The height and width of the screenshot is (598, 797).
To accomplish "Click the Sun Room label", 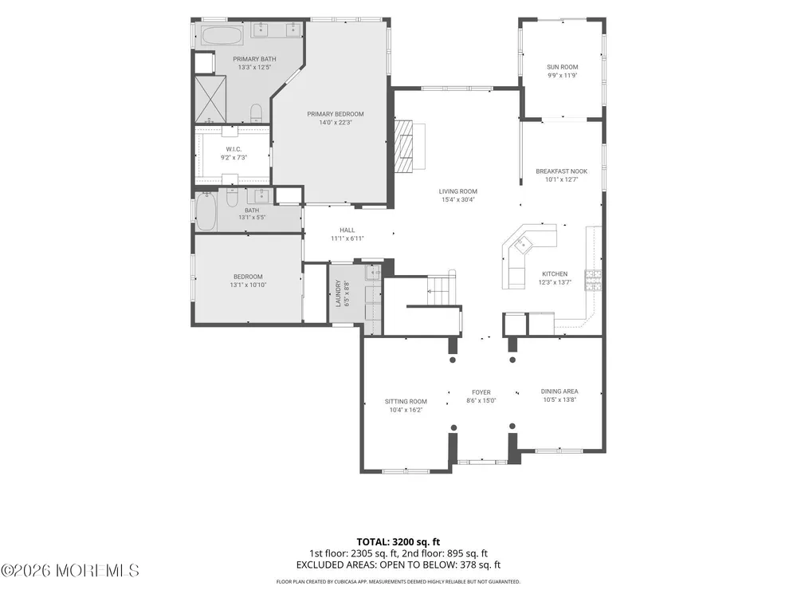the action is [562, 67].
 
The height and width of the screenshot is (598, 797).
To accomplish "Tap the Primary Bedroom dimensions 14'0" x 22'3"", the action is [336, 123].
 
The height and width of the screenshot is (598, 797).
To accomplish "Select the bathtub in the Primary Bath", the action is [222, 36].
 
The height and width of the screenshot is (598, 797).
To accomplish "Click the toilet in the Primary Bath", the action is [256, 113].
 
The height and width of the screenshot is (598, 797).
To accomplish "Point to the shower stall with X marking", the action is [210, 99].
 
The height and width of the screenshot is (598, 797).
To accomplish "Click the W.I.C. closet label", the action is [234, 150].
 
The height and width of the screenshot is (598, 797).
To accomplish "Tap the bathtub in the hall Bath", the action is [206, 210].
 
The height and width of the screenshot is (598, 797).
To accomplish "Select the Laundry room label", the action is [337, 293].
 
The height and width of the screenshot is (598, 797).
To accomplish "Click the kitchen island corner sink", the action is [521, 245].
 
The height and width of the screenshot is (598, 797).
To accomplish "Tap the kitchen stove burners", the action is [593, 280].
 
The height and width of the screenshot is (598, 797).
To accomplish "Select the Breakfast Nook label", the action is [562, 171].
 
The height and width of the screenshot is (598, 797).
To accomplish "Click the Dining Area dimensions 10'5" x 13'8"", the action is [559, 399].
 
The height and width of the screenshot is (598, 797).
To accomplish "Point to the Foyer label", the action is [481, 392].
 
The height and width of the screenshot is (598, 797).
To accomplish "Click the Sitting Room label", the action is [406, 402].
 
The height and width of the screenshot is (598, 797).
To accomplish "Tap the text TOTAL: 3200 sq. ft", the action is [398, 542].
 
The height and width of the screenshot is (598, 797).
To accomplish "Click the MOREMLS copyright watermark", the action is [69, 571].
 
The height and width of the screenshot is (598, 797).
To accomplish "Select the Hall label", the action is [347, 230].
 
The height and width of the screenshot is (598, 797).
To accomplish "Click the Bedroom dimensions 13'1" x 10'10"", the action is [248, 285].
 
